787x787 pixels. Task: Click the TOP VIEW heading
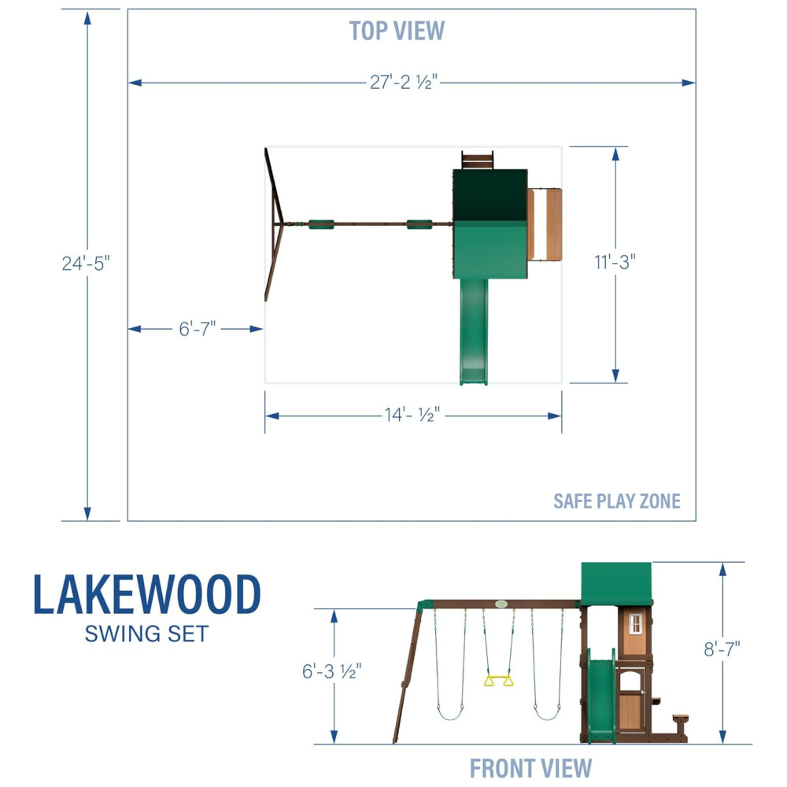[x=397, y=31]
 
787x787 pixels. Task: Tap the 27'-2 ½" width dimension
[x=404, y=82]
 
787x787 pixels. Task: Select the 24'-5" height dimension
[x=86, y=263]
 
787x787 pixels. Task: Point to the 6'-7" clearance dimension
[x=198, y=329]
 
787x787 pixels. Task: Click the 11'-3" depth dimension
[x=615, y=261]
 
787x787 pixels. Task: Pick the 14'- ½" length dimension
[x=412, y=415]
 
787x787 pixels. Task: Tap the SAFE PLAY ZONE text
[x=617, y=501]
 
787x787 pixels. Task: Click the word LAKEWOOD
[x=147, y=595]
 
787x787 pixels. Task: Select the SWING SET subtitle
[x=146, y=634]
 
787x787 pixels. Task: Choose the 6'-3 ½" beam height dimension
[x=331, y=671]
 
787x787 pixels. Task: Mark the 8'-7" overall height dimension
[x=722, y=649]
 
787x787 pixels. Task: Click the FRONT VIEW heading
[x=530, y=768]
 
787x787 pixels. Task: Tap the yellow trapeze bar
[x=498, y=681]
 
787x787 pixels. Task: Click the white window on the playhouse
[x=635, y=624]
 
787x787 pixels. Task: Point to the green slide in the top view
[x=474, y=332]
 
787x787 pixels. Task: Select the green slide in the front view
[x=601, y=696]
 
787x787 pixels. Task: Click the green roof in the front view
[x=616, y=584]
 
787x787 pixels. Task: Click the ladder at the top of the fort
[x=478, y=161]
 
